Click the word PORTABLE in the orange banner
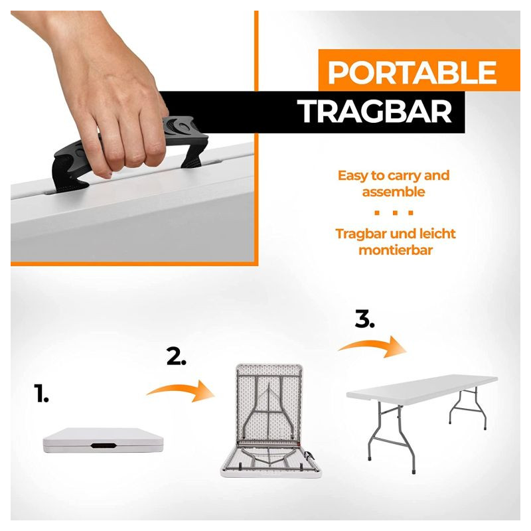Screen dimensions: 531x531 click(412, 72)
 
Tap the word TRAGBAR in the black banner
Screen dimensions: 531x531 click(374, 112)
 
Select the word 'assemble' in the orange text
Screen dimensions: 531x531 click(394, 192)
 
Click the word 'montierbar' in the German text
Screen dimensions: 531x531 click(396, 250)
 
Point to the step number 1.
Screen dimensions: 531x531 click(41, 393)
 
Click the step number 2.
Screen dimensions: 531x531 click(176, 356)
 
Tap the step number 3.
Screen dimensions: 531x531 click(364, 319)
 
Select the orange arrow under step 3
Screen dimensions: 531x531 click(372, 346)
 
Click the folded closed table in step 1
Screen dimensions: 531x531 click(104, 440)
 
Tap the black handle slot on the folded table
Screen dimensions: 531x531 click(104, 445)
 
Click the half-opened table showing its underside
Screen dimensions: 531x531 click(270, 421)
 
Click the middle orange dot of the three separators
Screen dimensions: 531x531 click(394, 212)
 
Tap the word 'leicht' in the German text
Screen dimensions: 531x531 click(437, 234)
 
